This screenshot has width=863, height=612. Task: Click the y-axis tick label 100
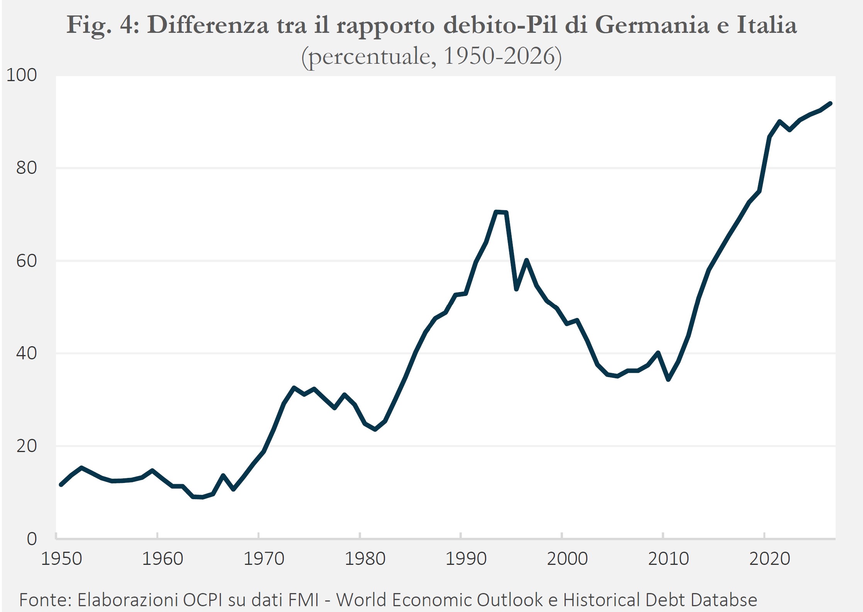(22, 75)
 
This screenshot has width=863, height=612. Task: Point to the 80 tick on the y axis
(27, 168)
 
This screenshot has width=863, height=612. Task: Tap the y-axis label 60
(27, 261)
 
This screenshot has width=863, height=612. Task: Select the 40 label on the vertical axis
(27, 353)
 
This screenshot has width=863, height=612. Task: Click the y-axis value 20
(27, 446)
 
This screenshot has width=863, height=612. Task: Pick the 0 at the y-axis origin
(32, 539)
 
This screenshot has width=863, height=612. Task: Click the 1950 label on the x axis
(62, 559)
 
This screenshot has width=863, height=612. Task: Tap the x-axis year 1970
(264, 559)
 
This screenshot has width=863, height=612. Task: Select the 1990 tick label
(466, 559)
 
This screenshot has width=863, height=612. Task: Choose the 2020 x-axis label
(770, 559)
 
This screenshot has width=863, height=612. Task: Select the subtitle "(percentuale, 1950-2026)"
(431, 57)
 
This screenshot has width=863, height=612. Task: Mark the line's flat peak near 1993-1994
(500, 212)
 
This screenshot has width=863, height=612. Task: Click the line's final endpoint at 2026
(830, 103)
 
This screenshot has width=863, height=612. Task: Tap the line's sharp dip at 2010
(668, 379)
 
